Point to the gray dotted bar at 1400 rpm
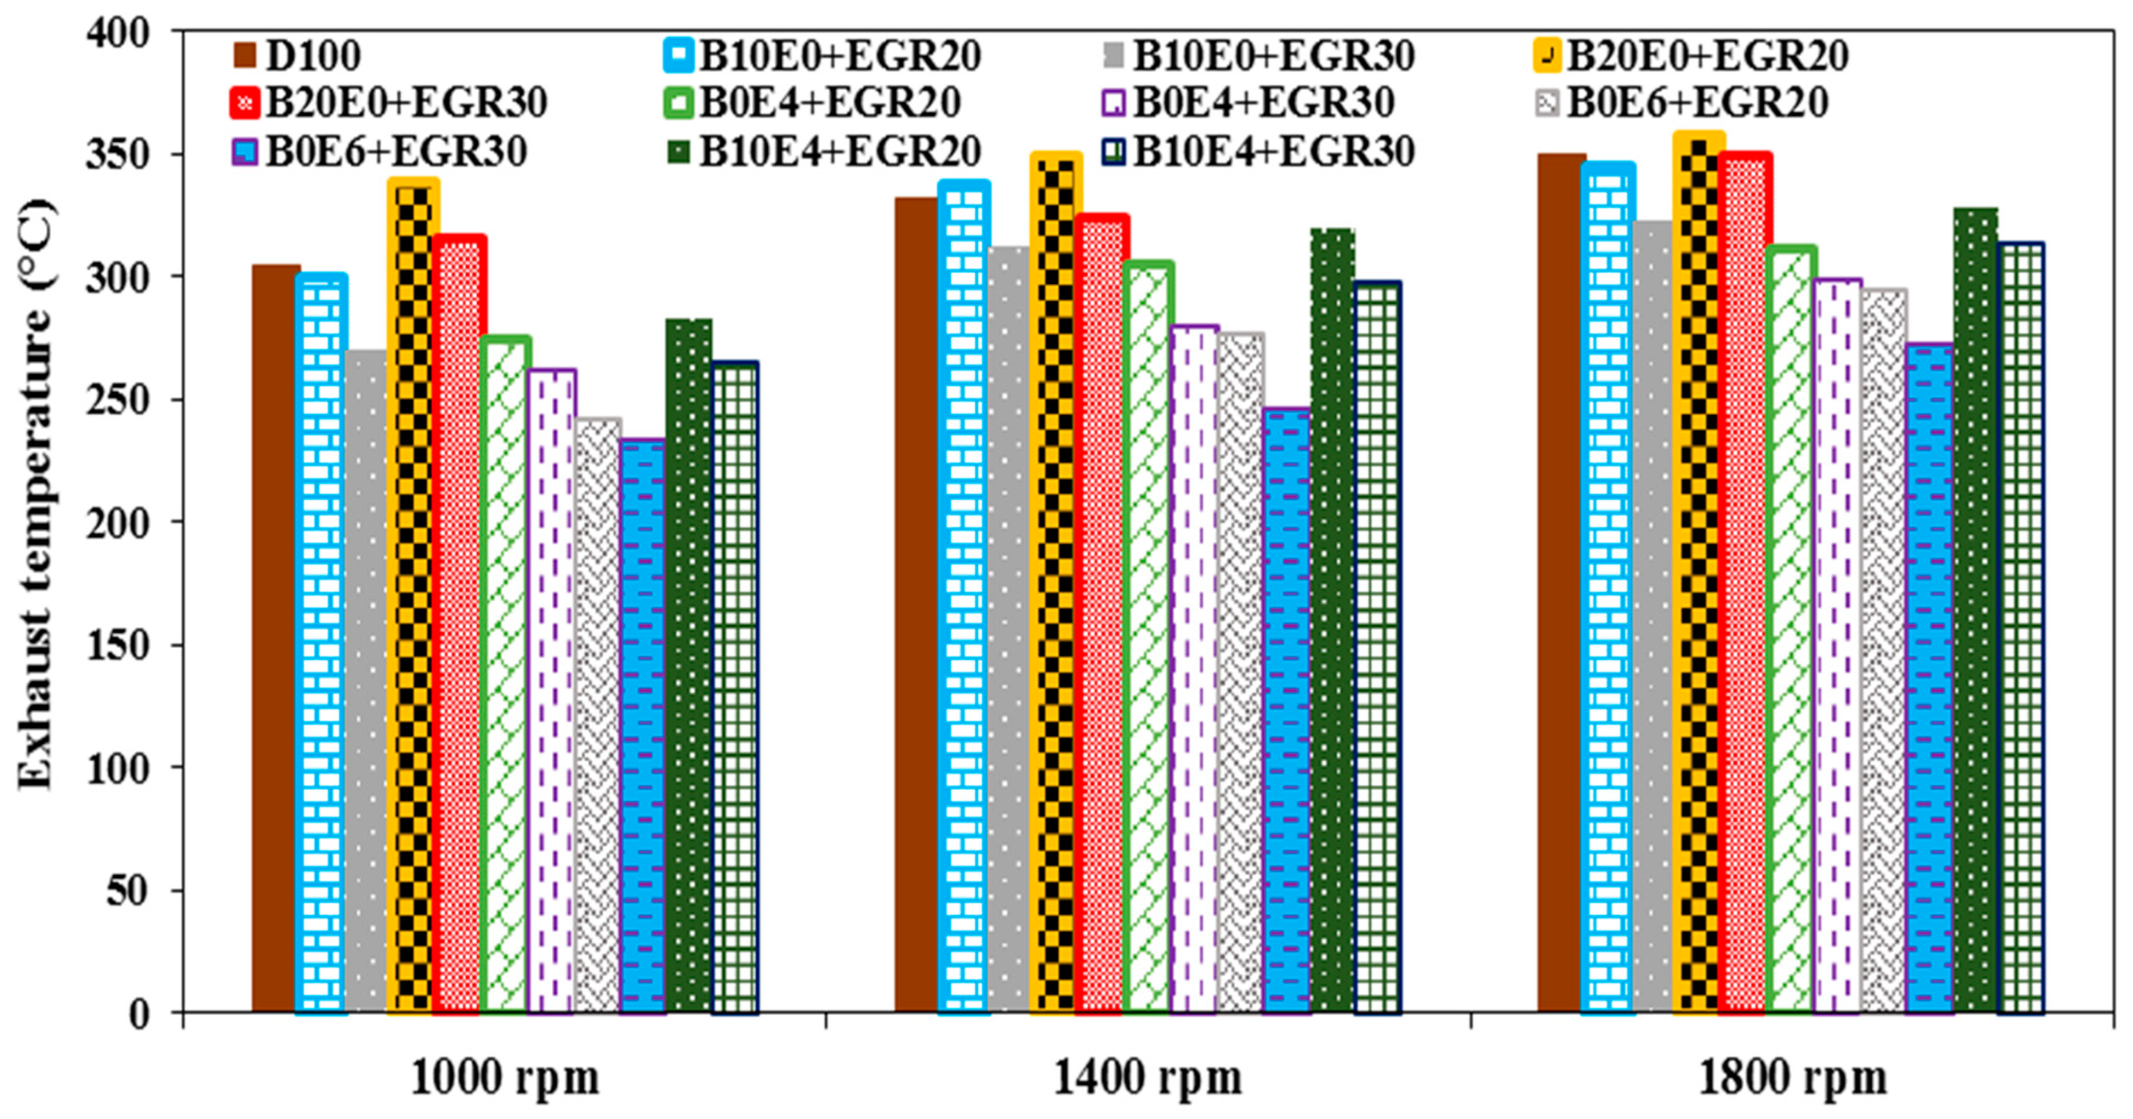(x=1008, y=629)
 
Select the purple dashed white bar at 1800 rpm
(x=1837, y=646)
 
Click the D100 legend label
(x=312, y=56)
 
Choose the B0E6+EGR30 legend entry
(x=395, y=151)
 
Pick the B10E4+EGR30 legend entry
(x=1273, y=151)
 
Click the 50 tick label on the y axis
(x=128, y=891)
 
